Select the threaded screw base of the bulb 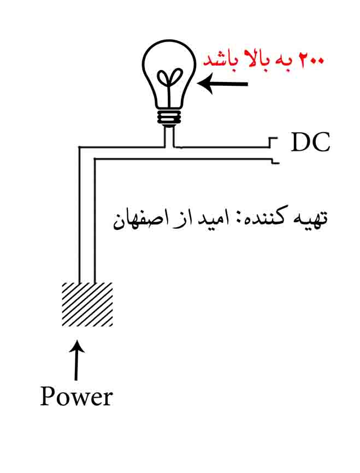[169, 117]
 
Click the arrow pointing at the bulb [223, 84]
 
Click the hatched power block [87, 304]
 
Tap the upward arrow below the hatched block [77, 360]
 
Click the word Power [76, 396]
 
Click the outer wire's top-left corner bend [79, 147]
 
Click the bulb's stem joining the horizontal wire [169, 137]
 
